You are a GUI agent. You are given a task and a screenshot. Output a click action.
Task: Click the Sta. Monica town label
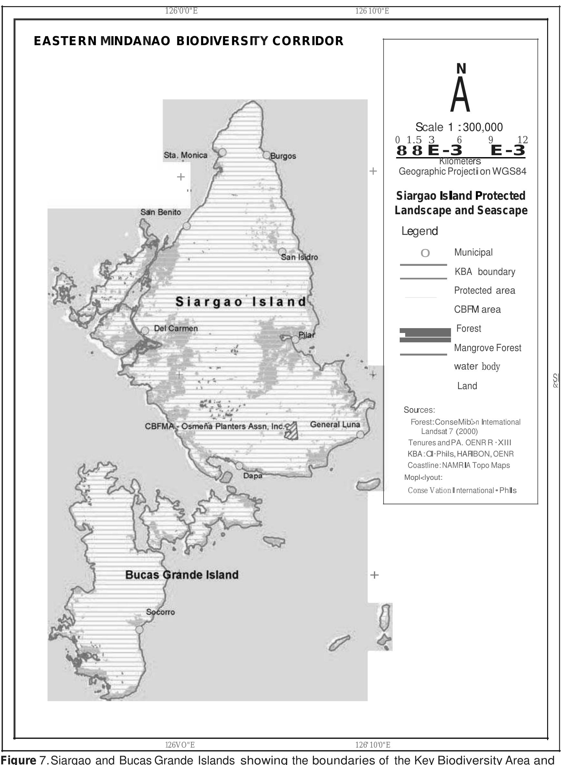pos(185,155)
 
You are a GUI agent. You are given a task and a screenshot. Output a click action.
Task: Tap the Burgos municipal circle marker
pos(266,155)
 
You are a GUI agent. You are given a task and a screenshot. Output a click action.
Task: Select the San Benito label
pos(161,212)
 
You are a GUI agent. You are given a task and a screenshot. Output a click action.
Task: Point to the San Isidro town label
pos(299,257)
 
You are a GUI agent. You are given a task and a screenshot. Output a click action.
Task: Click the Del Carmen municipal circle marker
pos(145,330)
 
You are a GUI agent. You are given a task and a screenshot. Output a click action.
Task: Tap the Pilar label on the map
pos(307,335)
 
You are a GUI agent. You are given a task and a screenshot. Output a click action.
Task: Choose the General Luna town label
pos(335,424)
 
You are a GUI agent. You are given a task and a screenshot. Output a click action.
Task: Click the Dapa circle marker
pos(239,466)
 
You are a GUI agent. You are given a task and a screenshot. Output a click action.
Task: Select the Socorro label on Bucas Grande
pos(161,612)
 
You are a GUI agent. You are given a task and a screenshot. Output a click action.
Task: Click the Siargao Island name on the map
pos(241,302)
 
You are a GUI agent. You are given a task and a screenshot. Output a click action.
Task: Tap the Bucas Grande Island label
pos(182,575)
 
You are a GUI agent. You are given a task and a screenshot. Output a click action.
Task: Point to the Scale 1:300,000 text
pos(459,127)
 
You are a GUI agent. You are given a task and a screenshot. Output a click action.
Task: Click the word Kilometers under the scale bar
pos(460,161)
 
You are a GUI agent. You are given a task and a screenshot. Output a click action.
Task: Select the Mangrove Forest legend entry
pos(488,348)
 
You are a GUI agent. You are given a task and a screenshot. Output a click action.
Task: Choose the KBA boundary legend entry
pos(485,272)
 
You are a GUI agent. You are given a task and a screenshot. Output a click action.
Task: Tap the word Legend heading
pos(420,231)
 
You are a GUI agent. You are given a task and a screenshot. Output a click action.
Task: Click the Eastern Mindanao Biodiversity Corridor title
pos(189,41)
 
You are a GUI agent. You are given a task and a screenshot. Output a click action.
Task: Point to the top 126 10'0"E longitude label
pos(372,11)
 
